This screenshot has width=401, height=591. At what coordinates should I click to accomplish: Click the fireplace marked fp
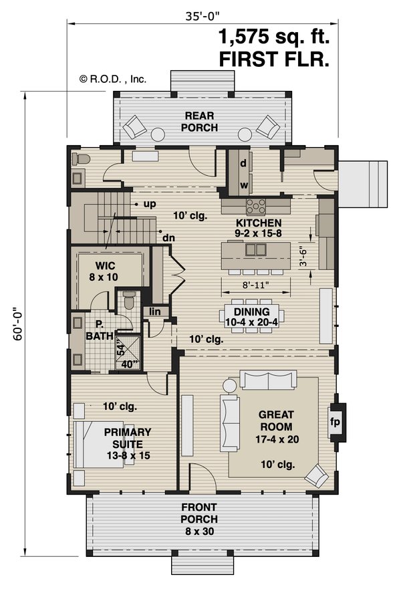coord(336,422)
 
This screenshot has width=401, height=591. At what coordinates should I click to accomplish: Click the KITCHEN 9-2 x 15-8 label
coord(257,228)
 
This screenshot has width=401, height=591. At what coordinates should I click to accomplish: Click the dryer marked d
coord(243,162)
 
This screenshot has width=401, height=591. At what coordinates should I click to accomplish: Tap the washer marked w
coord(243,185)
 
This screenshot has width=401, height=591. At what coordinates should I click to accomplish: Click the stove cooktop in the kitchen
coord(256,205)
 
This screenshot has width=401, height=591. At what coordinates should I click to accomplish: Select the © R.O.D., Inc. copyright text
coord(112,78)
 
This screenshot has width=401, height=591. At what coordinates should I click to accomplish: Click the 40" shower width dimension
coord(130,364)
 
